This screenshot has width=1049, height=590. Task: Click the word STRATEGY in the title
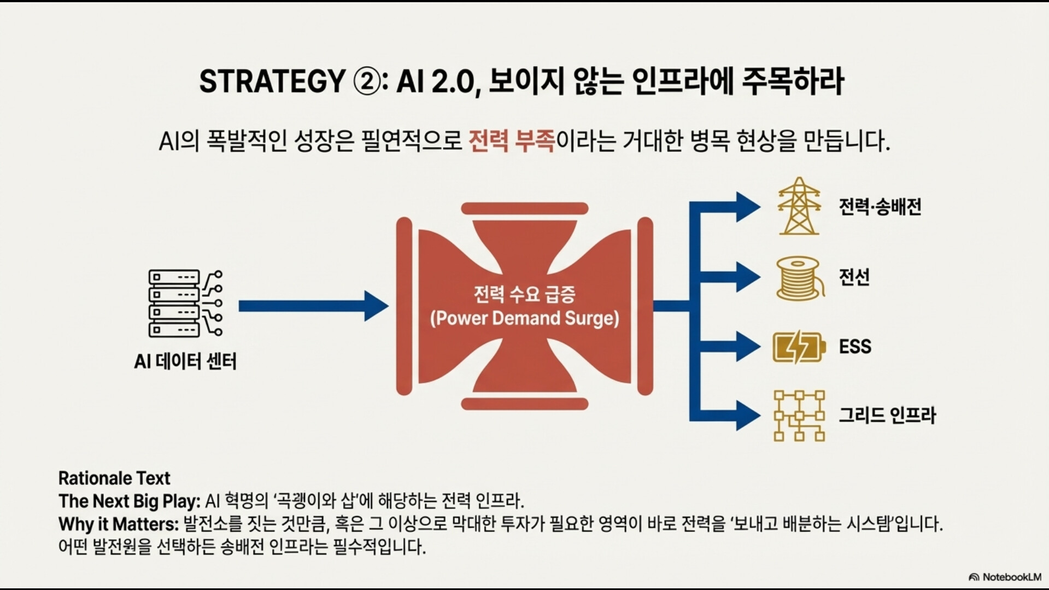point(272,82)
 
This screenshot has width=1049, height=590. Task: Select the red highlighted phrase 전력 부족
point(512,141)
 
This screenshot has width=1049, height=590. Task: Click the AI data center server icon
point(185,303)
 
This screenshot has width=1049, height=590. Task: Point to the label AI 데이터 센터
point(185,361)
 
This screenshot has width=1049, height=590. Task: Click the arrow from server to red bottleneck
point(314,306)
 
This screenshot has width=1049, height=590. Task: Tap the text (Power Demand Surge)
point(525,318)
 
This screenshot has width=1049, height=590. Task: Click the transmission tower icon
point(799,206)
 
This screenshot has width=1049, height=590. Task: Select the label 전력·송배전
point(880,207)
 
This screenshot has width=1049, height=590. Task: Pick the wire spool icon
point(800,278)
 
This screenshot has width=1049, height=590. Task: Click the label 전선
point(854,277)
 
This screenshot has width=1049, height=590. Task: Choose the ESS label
point(855,347)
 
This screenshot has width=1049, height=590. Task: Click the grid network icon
point(799,416)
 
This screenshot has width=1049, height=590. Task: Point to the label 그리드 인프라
point(887,416)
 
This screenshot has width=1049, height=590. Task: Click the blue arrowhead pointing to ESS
point(748,346)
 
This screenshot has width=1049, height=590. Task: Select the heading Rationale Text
point(114,478)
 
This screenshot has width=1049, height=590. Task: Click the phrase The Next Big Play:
point(130,501)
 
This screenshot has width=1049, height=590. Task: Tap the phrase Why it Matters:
point(119,524)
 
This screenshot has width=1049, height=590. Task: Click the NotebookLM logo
point(1005,577)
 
